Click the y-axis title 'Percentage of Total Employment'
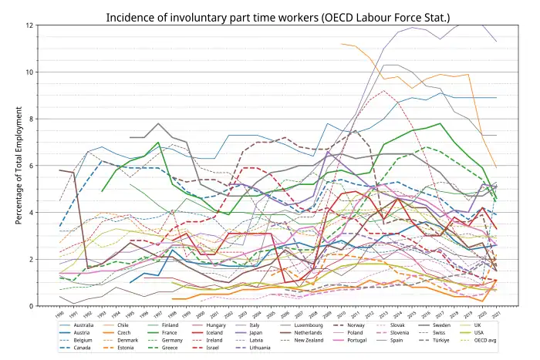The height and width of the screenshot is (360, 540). (19, 165)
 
